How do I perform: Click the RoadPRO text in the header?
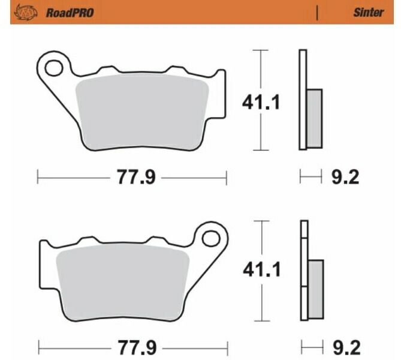click(70, 12)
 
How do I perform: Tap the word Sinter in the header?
click(368, 12)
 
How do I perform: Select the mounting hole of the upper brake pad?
click(53, 68)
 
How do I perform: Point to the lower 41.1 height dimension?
click(260, 272)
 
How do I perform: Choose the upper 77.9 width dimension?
click(131, 177)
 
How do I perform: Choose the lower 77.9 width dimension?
click(131, 347)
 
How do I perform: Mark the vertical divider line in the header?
click(317, 12)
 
